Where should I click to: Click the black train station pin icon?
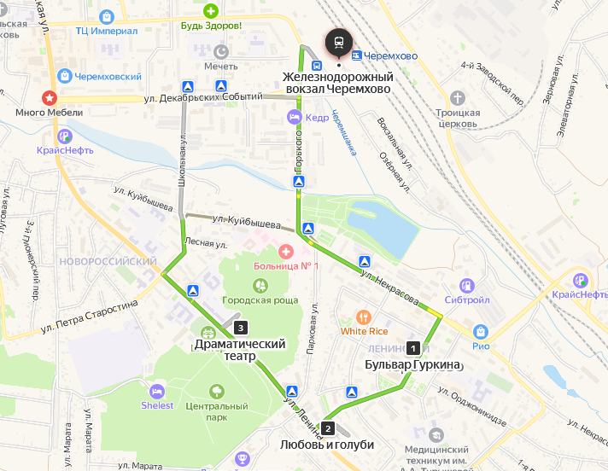click(x=339, y=42)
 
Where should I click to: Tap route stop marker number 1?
click(x=413, y=348)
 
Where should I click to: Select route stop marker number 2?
click(x=327, y=428)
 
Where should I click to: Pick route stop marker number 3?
click(x=241, y=328)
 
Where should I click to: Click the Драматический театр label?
click(x=238, y=350)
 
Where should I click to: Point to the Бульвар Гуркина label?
click(x=412, y=365)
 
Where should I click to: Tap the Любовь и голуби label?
click(x=326, y=445)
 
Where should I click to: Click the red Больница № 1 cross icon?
click(x=285, y=252)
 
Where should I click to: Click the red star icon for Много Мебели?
click(x=50, y=98)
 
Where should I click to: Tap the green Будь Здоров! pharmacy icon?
click(x=210, y=11)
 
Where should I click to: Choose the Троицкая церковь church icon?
click(x=458, y=98)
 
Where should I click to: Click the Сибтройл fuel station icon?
click(x=467, y=286)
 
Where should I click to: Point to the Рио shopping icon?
click(x=480, y=331)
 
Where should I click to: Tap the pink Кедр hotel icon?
click(x=295, y=117)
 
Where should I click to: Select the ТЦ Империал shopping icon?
click(x=106, y=16)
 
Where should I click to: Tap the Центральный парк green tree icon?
click(x=217, y=392)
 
